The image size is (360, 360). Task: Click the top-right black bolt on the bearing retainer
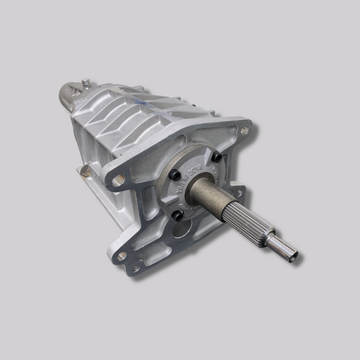click(x=217, y=156)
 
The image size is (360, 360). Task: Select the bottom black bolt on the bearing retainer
click(x=178, y=215)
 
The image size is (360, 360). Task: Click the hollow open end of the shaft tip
click(x=292, y=256)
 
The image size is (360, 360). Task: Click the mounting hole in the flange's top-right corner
click(x=244, y=131)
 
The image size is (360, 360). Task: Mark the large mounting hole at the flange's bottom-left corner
click(x=122, y=256)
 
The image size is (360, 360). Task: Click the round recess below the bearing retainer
click(x=182, y=230)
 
